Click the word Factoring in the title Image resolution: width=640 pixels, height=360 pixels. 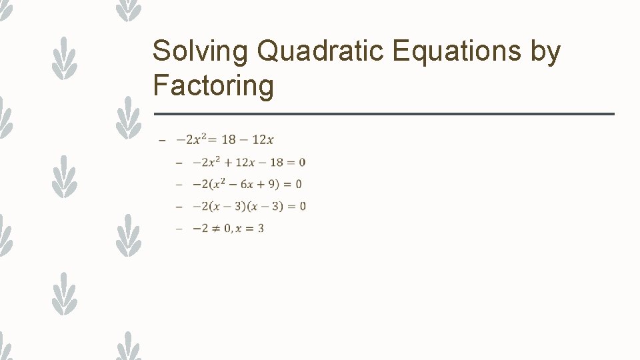coord(213,86)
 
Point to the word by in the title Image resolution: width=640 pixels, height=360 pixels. coord(546,52)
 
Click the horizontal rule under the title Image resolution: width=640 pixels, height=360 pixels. coord(383,114)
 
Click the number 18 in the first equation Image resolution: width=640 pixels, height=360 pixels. coord(229,139)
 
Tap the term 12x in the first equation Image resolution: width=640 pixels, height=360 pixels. coord(263,139)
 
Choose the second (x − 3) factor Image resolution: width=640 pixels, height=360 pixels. coord(265,206)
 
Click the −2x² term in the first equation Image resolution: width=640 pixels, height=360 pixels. coord(189,139)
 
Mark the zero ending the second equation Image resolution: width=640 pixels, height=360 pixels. coord(303,162)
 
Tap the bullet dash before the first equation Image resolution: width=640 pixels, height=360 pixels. coord(161,140)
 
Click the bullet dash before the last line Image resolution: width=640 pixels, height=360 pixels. coord(178,229)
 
